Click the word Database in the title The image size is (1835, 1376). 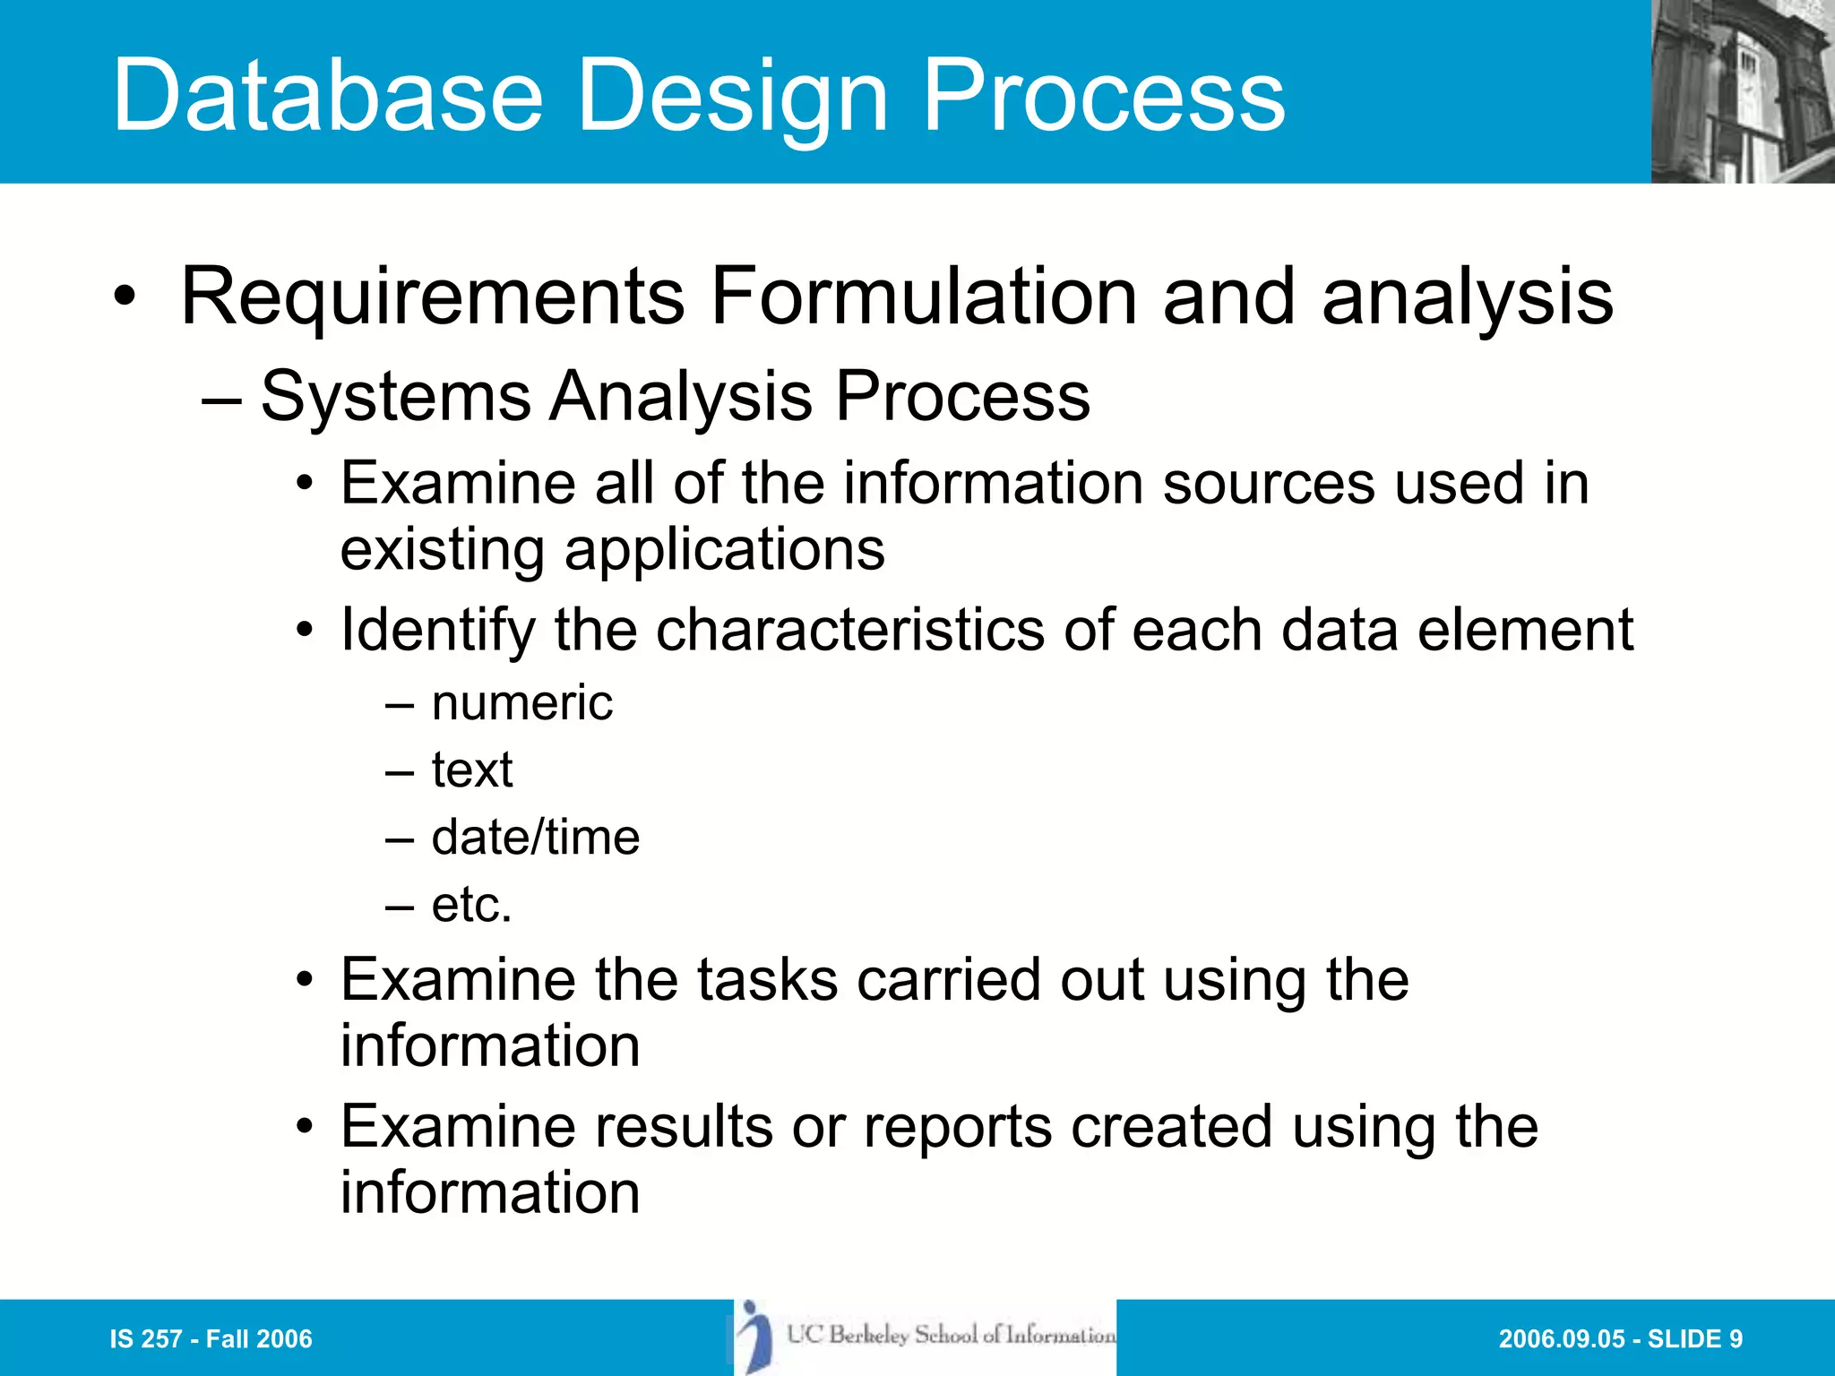(328, 95)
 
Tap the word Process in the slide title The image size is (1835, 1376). (1104, 95)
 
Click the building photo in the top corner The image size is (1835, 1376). (1742, 91)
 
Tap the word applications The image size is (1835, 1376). (724, 549)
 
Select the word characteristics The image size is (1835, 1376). (849, 630)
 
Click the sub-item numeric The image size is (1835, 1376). (521, 703)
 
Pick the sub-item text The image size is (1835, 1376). (472, 770)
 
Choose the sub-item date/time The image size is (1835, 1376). (535, 838)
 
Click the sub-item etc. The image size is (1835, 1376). (471, 905)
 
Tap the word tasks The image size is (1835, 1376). (767, 980)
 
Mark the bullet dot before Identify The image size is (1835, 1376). (306, 632)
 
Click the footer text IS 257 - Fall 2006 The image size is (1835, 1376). (211, 1339)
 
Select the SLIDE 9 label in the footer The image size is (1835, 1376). (1694, 1339)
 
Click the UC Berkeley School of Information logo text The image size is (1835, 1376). (951, 1336)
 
